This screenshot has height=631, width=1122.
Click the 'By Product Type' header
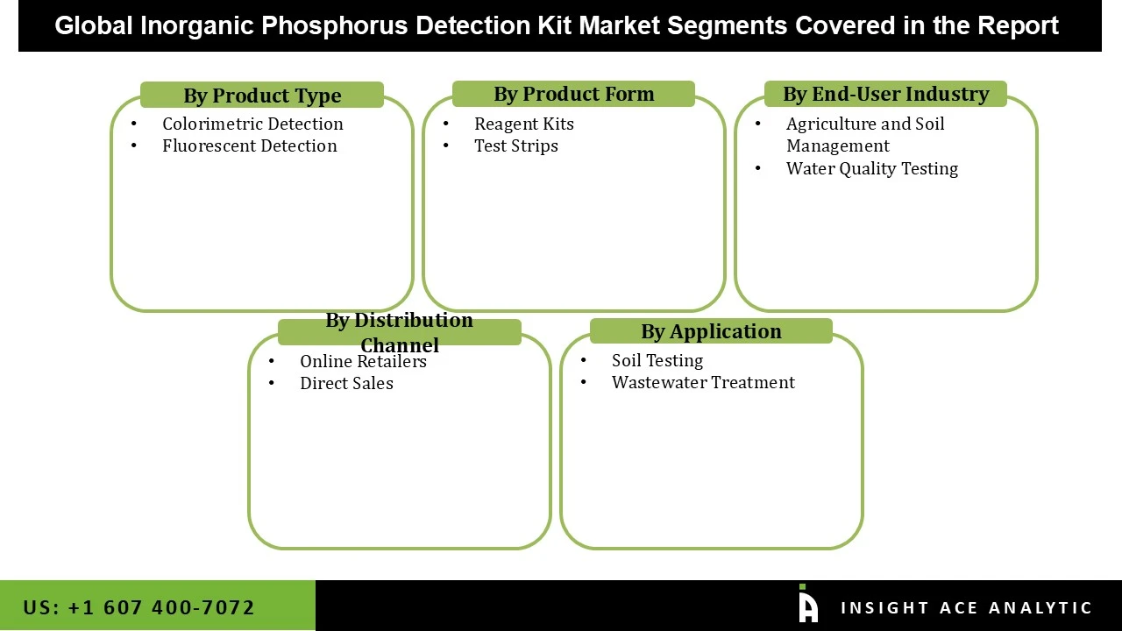point(262,96)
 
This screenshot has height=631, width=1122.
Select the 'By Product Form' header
point(573,94)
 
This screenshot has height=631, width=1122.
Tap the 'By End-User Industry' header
point(885,94)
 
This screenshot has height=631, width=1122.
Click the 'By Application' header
point(711,331)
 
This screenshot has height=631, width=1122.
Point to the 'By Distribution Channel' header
point(400,331)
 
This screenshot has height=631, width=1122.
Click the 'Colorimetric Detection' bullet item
point(252,124)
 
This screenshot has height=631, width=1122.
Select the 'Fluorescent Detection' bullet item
point(249,145)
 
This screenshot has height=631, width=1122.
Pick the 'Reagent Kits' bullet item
point(523,124)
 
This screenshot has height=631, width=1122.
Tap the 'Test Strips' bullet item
point(515,145)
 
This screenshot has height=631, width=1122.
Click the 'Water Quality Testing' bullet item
point(871,168)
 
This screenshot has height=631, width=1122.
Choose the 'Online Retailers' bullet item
point(363,361)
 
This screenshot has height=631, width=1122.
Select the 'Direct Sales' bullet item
point(346,383)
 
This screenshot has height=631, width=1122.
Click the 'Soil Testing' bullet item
point(657,360)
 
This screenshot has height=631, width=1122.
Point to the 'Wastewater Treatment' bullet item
point(703,382)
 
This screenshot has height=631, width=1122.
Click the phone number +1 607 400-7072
point(160,607)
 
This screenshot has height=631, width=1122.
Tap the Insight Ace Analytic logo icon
point(807,605)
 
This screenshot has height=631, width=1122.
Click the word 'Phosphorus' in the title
point(334,25)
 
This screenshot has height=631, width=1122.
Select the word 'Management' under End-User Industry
point(837,145)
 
